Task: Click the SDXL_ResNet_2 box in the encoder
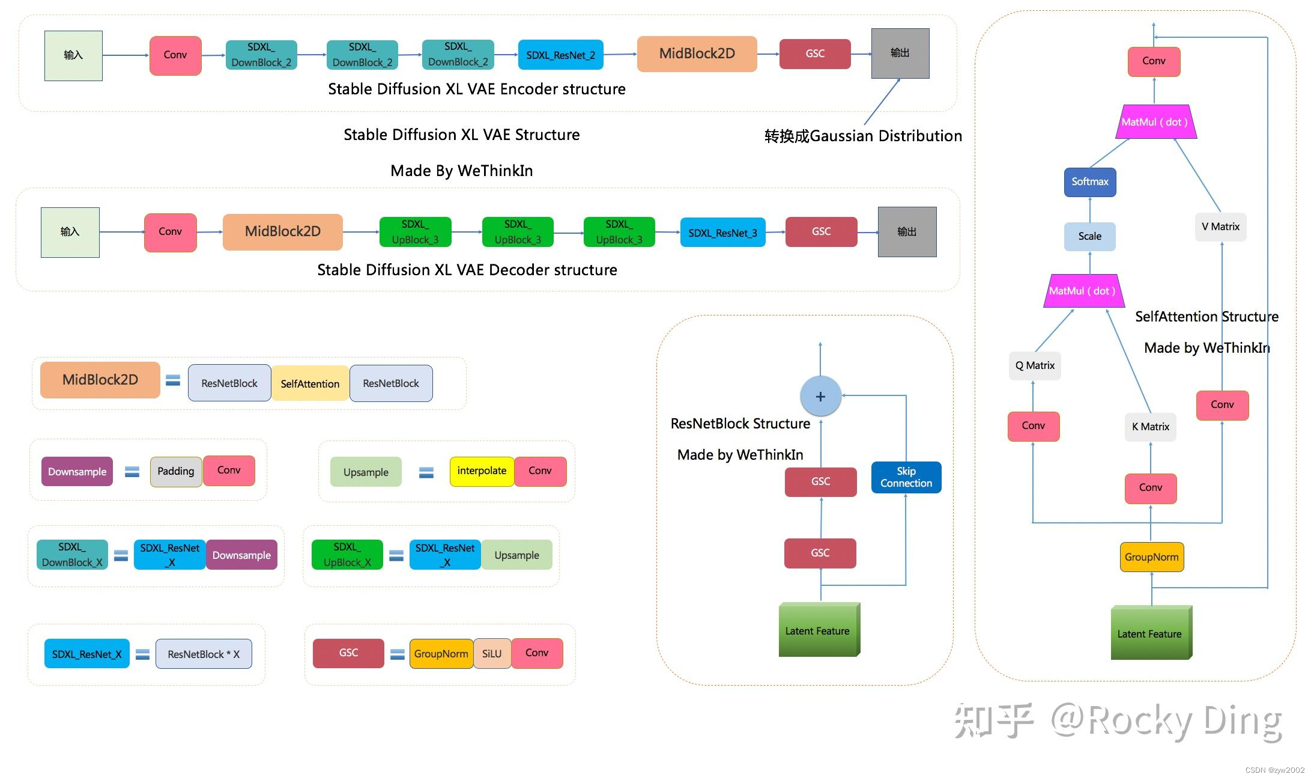[x=560, y=55]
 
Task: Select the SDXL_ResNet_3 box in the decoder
[x=722, y=233]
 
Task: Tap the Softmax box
[x=1090, y=182]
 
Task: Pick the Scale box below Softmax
[x=1090, y=236]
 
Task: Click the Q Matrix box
[x=1035, y=365]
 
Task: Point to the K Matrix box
[x=1150, y=427]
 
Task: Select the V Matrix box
[x=1220, y=227]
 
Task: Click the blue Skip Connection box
[x=906, y=477]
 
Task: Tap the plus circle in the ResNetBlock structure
[x=820, y=397]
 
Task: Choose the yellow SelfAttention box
[x=310, y=383]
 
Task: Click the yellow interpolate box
[x=482, y=471]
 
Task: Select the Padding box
[x=175, y=471]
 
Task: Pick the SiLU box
[x=492, y=653]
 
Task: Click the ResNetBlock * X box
[x=204, y=654]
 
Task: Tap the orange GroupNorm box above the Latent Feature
[x=1151, y=557]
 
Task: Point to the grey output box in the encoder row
[x=900, y=53]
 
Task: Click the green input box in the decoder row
[x=70, y=232]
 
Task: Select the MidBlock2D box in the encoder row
[x=697, y=54]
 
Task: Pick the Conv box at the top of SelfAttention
[x=1154, y=61]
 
